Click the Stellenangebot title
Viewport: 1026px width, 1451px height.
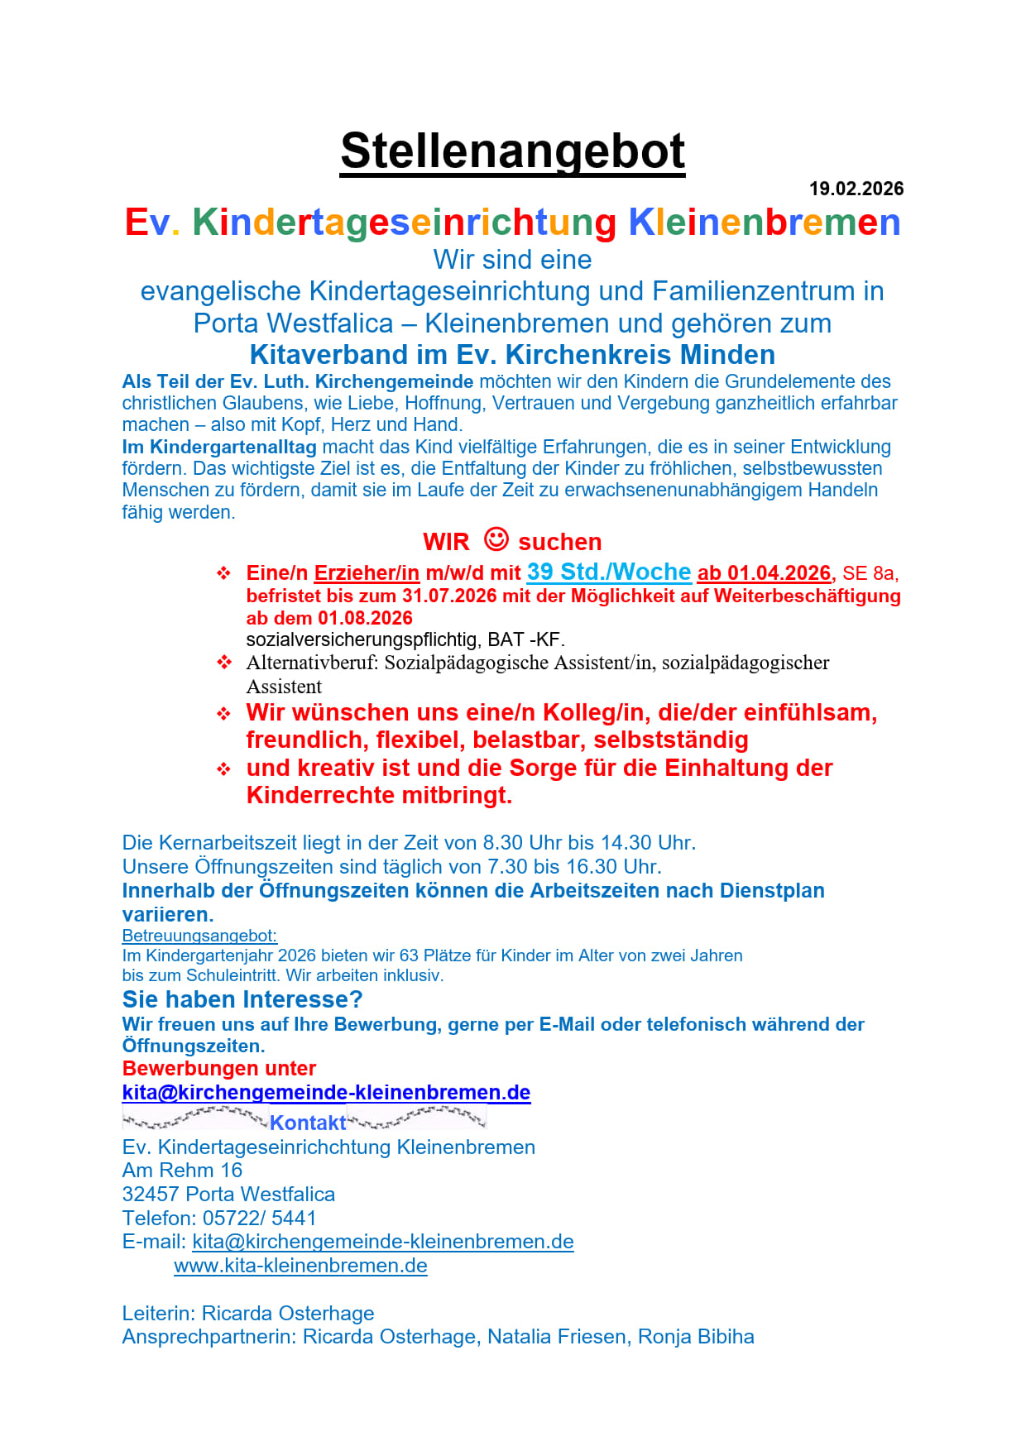tap(512, 151)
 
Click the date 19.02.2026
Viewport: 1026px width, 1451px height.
tap(856, 189)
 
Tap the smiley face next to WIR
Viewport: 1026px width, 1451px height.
tap(496, 539)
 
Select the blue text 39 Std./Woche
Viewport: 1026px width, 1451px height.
tap(609, 572)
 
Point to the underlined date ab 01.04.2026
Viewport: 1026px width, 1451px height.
tap(765, 573)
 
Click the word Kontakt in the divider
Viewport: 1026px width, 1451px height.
tap(308, 1123)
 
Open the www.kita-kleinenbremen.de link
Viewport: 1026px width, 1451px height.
tap(300, 1266)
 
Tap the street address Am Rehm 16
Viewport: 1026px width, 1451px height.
tap(182, 1170)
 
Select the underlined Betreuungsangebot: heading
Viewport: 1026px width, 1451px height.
tap(199, 936)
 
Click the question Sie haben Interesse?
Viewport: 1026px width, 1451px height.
tap(242, 999)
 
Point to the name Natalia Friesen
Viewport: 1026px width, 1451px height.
tap(556, 1337)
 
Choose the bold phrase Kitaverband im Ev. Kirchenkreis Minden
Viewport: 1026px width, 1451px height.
tap(512, 354)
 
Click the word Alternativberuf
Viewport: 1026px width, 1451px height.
tap(312, 663)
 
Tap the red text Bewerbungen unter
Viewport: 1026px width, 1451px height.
tap(219, 1068)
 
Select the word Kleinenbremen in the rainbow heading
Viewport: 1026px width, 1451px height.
tap(764, 223)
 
